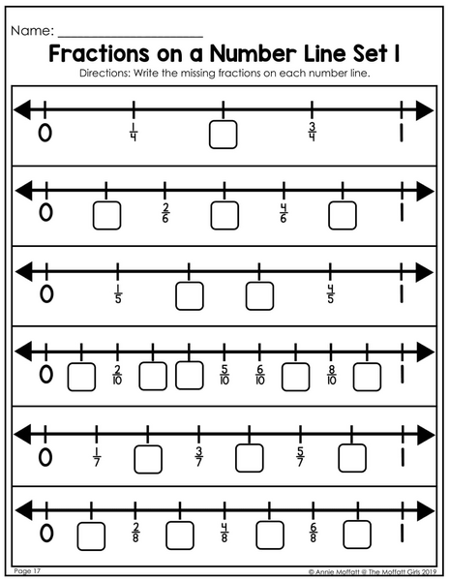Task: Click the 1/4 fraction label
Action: pos(134,133)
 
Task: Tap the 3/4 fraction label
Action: pos(312,132)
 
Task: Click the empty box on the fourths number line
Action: pos(223,135)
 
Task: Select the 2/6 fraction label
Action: pos(165,213)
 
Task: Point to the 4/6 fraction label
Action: pos(284,213)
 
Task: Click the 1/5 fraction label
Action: pos(118,293)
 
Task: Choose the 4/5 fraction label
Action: pos(330,293)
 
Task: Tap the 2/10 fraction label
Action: pos(117,375)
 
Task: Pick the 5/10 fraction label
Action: pos(224,375)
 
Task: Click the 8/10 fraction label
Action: pos(332,375)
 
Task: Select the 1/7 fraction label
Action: pos(97,457)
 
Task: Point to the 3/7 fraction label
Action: pos(198,457)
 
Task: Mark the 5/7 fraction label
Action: pos(300,457)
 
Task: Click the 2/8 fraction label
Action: pos(135,533)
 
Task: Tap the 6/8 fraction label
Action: pos(314,533)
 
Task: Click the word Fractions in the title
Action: pos(100,53)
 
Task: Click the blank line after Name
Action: pos(131,37)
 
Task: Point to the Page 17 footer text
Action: pos(27,571)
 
